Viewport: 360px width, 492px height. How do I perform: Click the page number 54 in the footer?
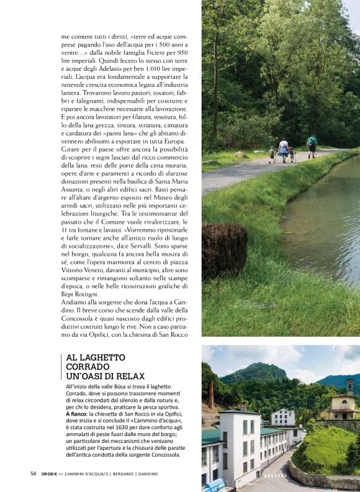[34, 473]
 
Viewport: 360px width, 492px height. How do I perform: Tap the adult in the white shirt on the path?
[284, 149]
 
